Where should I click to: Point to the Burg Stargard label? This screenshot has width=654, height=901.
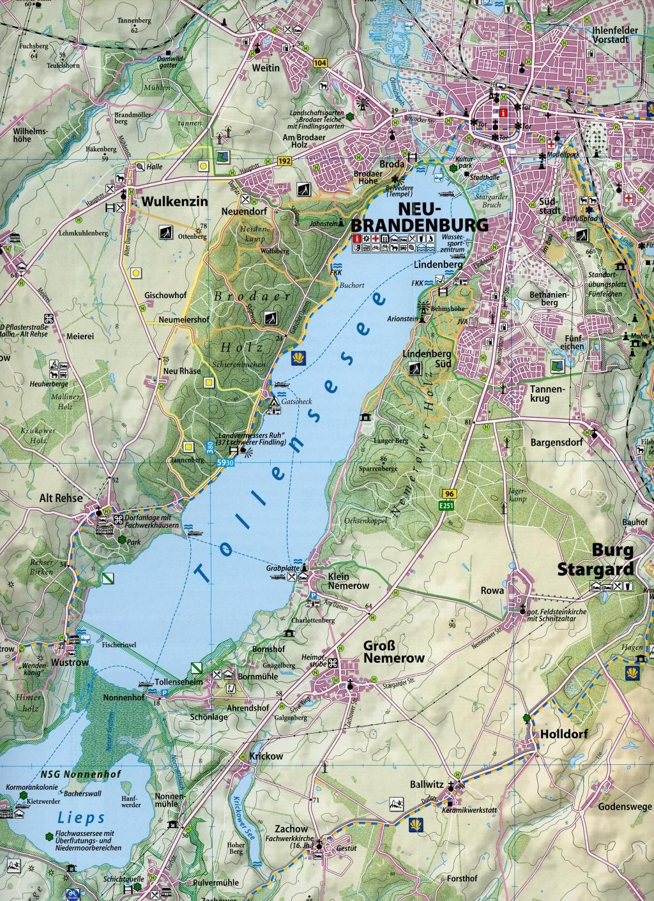tap(612, 559)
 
